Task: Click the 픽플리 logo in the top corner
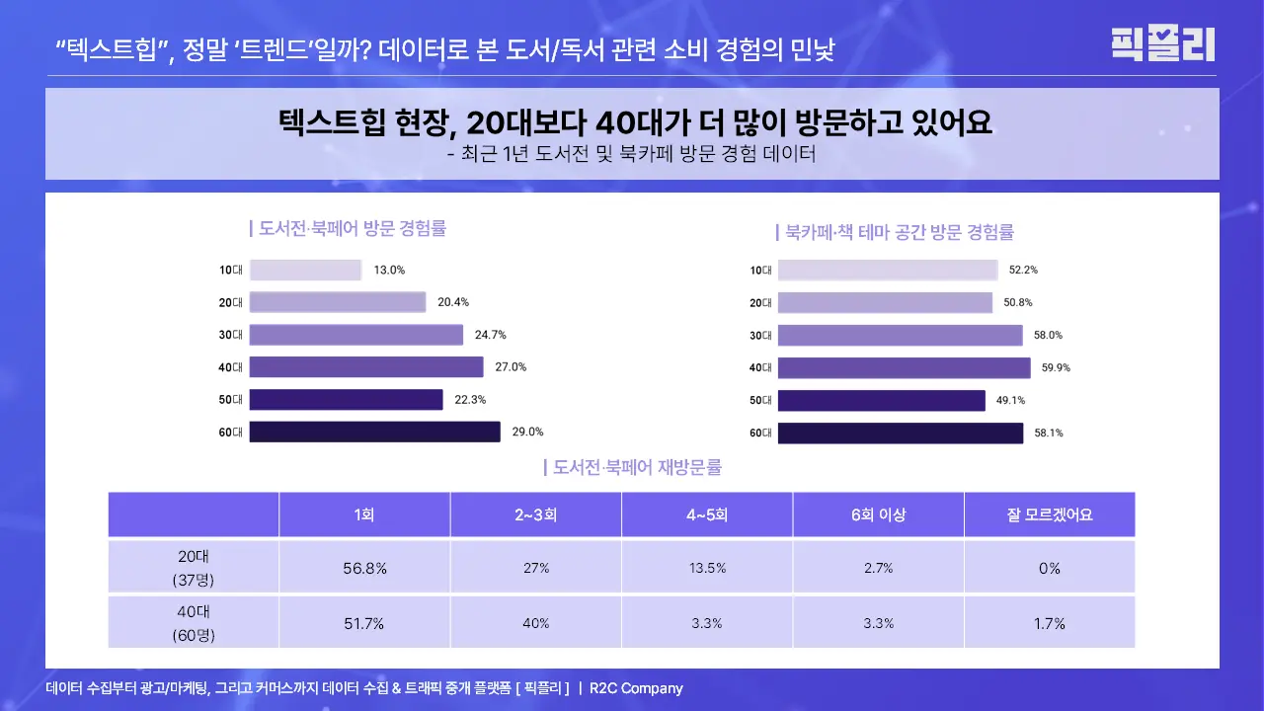(x=1162, y=43)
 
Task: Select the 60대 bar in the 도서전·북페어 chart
(x=374, y=432)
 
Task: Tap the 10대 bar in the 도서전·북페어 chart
(x=305, y=270)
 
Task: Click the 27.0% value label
(x=511, y=366)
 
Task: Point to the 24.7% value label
(x=490, y=335)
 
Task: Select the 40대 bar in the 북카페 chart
(x=904, y=367)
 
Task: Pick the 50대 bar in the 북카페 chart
(x=881, y=400)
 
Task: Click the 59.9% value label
(x=1056, y=367)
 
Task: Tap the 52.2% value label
(x=1023, y=270)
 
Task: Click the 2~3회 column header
(x=536, y=514)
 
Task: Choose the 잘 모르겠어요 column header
(x=1050, y=514)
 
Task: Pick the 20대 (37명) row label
(x=193, y=568)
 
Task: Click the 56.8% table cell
(x=364, y=568)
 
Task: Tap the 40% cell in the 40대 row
(x=536, y=623)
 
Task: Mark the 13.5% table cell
(x=707, y=568)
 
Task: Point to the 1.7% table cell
(x=1050, y=623)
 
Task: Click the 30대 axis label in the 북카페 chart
(x=759, y=335)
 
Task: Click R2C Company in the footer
(x=636, y=688)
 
